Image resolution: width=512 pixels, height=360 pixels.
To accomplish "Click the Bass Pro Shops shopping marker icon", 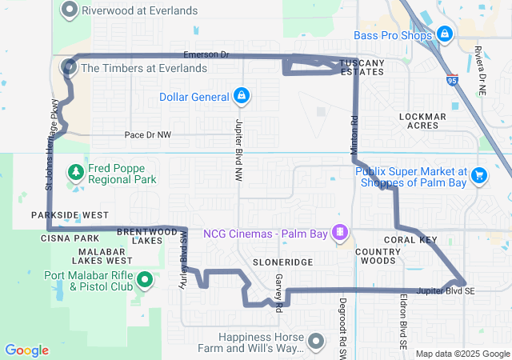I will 444,34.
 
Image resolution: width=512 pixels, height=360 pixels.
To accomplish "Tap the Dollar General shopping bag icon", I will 240,97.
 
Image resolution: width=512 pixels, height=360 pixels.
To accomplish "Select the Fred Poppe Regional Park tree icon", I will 76,172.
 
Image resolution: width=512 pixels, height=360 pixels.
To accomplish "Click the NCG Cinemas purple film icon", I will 341,233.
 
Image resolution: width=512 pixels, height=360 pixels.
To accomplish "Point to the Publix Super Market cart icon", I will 479,174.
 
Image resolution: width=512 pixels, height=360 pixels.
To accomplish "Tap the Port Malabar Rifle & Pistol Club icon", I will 145,280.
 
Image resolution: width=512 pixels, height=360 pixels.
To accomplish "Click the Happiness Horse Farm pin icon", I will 317,342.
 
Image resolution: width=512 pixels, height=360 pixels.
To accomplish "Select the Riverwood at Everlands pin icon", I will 70,10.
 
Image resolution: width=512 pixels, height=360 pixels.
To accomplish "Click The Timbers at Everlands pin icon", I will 70,68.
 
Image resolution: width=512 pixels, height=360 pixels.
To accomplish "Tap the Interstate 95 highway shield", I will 453,81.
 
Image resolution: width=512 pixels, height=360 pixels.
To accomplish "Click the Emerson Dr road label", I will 206,54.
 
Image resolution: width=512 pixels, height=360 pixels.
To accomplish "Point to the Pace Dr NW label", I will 148,135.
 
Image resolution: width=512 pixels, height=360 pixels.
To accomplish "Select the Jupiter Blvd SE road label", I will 445,290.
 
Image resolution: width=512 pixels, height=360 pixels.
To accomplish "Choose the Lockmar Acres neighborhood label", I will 422,121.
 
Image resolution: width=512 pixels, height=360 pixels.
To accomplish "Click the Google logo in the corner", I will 26,350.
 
